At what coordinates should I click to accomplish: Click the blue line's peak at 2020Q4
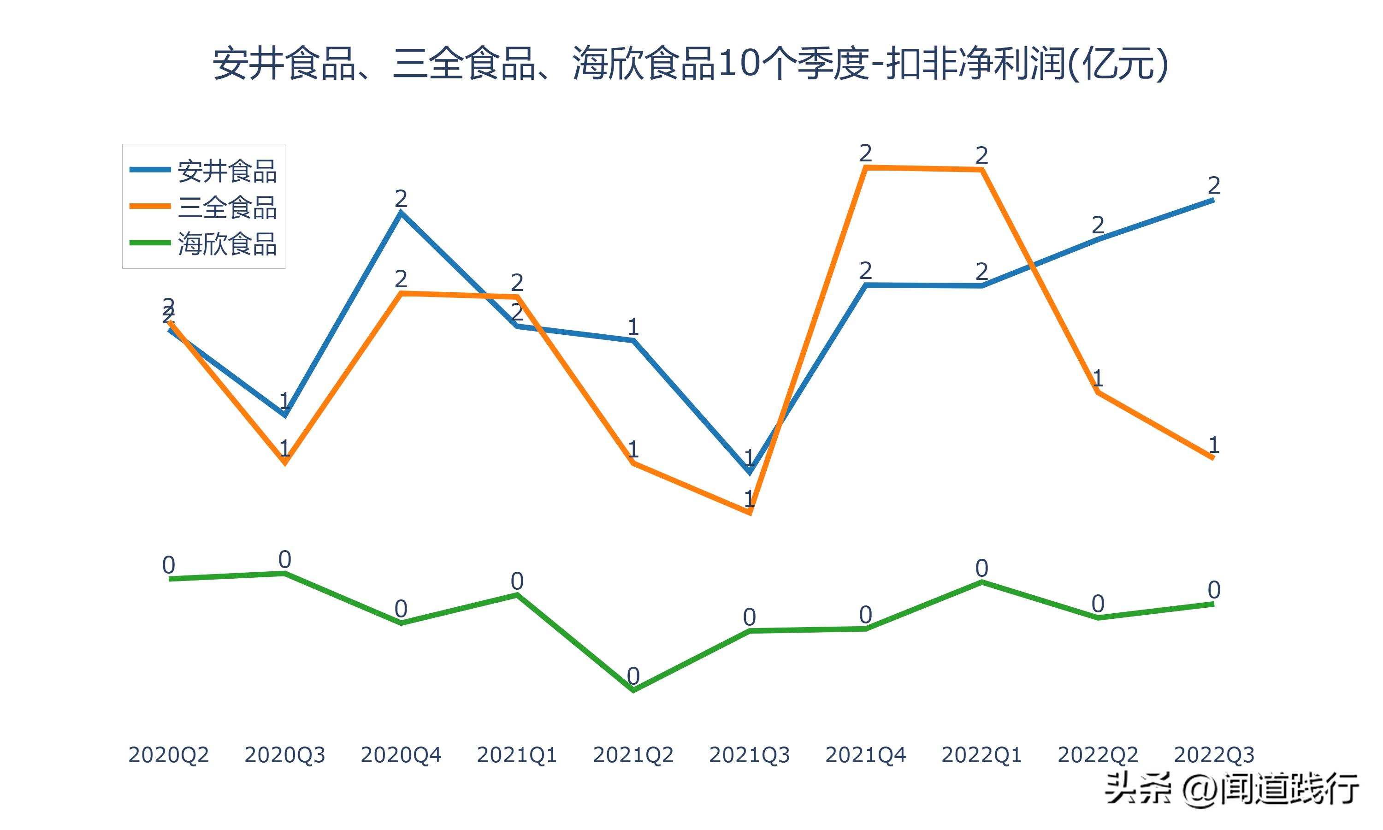coord(401,213)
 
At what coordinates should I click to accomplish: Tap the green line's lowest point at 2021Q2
coord(633,691)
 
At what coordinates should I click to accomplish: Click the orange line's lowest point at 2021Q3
coord(750,512)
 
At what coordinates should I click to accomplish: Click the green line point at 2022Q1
coord(981,582)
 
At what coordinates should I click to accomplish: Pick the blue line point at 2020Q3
coord(284,415)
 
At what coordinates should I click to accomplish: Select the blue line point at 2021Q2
coord(633,340)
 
